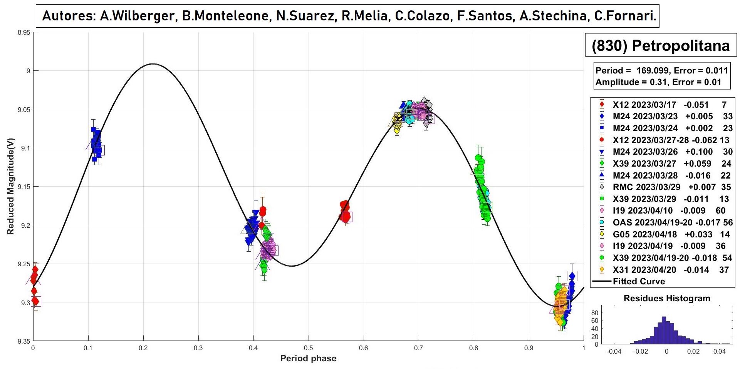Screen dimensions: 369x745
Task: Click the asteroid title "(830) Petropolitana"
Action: point(660,46)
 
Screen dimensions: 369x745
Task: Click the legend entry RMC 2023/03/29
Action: point(646,187)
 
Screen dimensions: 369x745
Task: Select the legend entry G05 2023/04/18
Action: point(644,234)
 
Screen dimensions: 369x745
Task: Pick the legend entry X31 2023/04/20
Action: point(644,270)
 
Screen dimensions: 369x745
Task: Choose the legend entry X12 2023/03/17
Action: point(644,105)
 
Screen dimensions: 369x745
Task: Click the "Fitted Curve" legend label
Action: point(639,281)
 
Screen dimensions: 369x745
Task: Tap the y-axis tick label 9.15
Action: point(23,187)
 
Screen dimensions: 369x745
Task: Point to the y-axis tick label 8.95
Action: point(23,32)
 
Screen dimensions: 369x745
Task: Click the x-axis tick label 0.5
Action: point(308,348)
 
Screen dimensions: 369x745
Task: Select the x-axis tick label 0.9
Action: point(529,348)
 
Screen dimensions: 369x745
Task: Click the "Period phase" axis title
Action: point(308,359)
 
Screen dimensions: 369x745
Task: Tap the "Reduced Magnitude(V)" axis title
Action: point(10,186)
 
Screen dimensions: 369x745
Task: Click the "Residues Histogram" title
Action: point(666,298)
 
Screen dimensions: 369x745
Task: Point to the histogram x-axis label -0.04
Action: point(614,351)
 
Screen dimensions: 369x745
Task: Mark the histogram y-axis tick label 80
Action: point(595,312)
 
